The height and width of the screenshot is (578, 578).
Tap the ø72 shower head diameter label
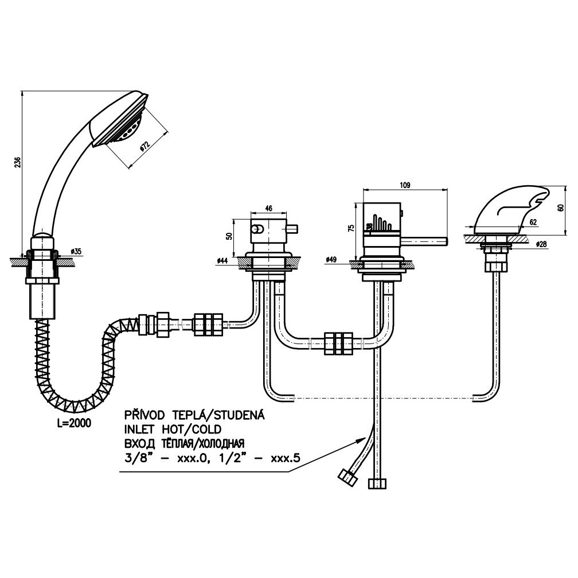(x=144, y=147)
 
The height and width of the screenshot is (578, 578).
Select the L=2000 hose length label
(x=74, y=423)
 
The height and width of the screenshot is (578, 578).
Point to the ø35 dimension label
(x=76, y=252)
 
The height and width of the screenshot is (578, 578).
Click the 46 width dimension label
(x=268, y=208)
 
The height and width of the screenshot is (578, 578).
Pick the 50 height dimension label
(x=229, y=236)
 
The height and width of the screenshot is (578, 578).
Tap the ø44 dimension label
(x=223, y=261)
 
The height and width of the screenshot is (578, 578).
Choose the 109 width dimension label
(x=405, y=185)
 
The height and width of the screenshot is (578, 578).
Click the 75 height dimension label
(x=351, y=228)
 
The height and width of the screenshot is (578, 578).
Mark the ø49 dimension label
(x=332, y=260)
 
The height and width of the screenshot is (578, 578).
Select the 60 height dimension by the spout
(x=561, y=208)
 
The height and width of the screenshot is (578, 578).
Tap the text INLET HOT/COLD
(x=173, y=429)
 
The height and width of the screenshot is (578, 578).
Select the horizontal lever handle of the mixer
(x=425, y=241)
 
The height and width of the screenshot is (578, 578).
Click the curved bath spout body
(x=510, y=210)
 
